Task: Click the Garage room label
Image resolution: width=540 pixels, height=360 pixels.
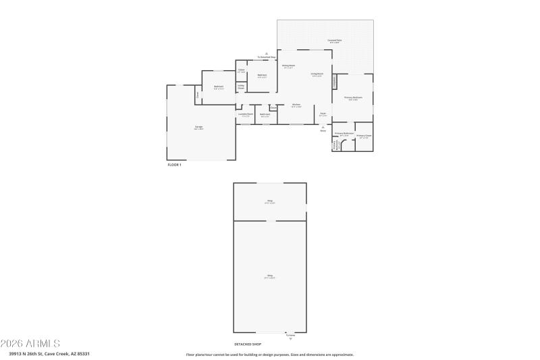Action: [199, 128]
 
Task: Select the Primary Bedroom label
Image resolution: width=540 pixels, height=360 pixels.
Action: [353, 99]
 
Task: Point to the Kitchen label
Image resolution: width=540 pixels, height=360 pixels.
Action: [296, 105]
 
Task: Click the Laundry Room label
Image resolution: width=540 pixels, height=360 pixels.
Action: [246, 115]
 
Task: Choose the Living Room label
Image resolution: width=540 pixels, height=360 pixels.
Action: [317, 74]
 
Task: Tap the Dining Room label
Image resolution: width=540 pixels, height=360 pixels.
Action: [288, 66]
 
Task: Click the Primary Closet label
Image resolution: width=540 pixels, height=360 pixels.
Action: [363, 136]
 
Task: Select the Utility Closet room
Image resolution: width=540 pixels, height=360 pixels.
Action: [240, 88]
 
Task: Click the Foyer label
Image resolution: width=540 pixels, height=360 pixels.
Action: [323, 114]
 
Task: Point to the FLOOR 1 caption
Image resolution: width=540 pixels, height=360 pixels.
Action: [174, 165]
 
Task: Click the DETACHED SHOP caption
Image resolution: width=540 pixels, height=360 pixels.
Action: [247, 344]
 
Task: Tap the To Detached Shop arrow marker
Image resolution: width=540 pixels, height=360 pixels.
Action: [267, 54]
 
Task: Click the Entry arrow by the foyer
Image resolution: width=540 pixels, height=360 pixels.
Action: [323, 128]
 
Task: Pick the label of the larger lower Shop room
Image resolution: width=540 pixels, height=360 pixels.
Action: [269, 276]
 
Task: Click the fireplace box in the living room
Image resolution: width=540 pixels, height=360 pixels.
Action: [334, 82]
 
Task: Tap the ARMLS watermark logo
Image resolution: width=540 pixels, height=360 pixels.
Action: [30, 343]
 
